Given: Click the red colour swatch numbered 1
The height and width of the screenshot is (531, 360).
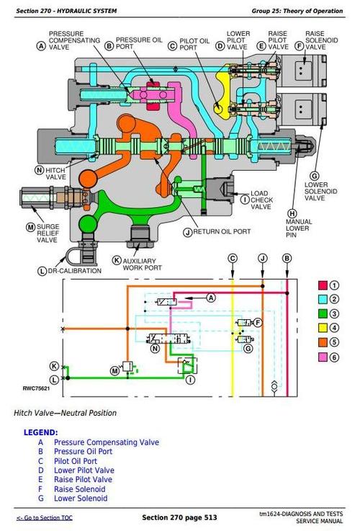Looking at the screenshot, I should tap(323, 286).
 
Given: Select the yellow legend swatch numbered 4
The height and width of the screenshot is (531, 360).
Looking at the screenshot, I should tap(323, 328).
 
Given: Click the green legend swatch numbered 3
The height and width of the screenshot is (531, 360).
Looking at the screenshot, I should tap(323, 314).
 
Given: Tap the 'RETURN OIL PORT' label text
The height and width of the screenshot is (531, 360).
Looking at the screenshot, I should tap(222, 232).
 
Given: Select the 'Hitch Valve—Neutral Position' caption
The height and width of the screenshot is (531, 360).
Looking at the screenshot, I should tap(65, 413).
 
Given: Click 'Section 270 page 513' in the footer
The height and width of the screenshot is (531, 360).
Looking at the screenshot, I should tap(179, 518).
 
